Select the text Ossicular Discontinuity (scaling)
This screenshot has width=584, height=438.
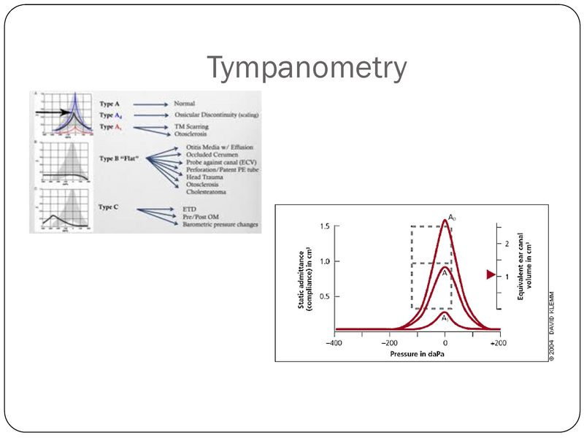pos(217,115)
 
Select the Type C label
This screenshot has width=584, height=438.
pos(111,207)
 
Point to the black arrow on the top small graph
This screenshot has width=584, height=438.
pos(54,112)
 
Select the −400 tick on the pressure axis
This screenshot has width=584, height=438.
pos(334,342)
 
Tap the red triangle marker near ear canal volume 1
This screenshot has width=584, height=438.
pos(491,275)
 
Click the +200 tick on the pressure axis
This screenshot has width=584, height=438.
pos(498,342)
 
